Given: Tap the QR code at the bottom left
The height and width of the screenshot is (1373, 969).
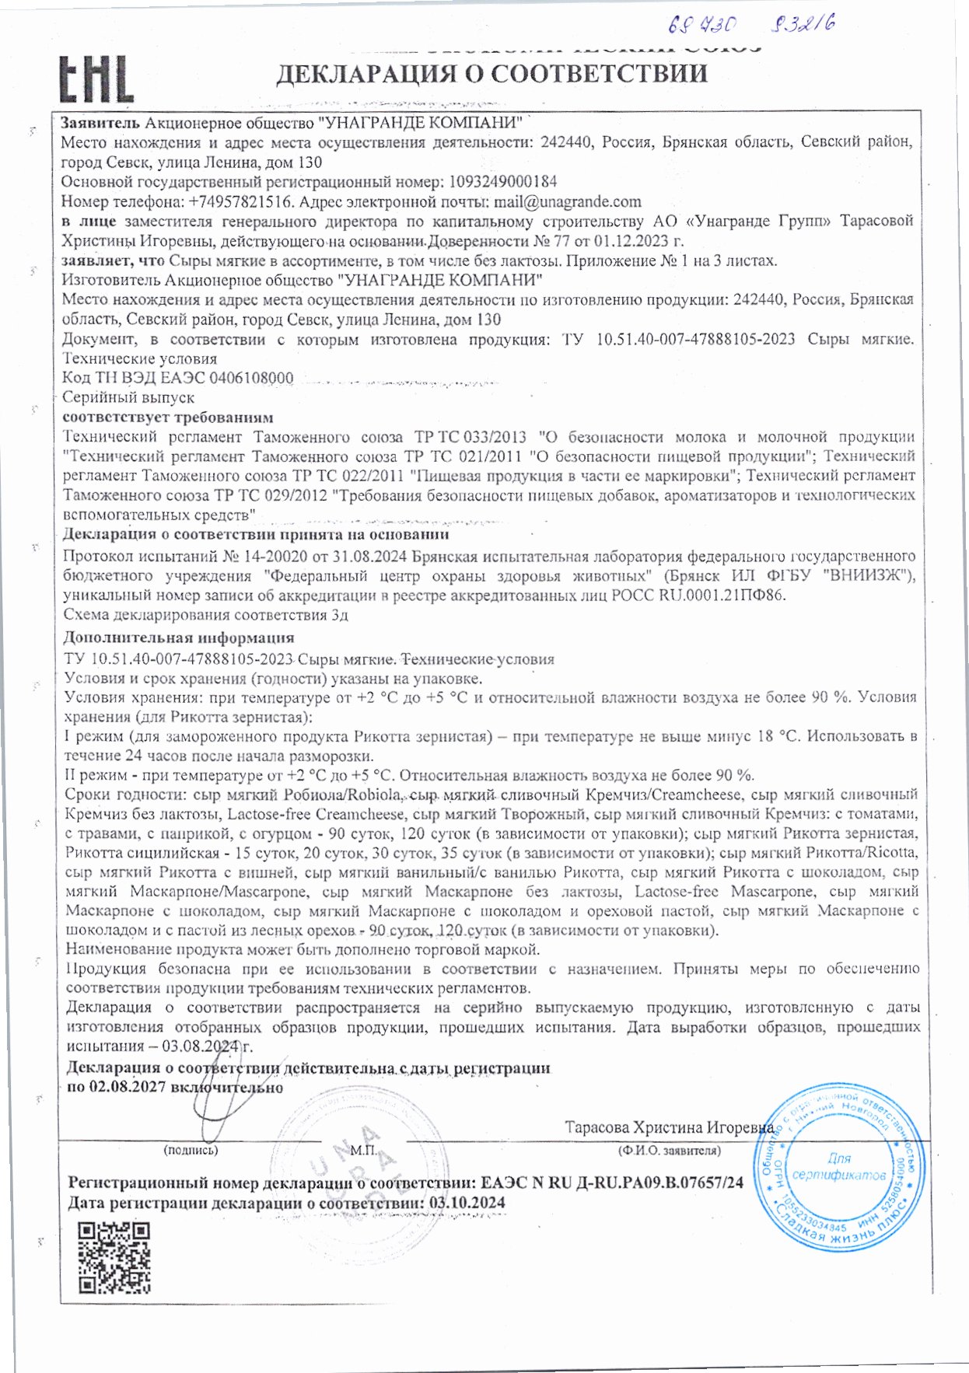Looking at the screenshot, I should [115, 1257].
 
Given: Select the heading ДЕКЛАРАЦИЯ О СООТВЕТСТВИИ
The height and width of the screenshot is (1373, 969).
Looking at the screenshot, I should [491, 73].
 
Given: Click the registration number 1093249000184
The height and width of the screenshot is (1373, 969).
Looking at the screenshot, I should [503, 183].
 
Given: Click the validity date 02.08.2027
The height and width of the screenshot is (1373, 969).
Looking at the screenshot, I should [128, 1087].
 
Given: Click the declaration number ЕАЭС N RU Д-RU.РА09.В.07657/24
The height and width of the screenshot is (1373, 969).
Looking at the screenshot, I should [612, 1183].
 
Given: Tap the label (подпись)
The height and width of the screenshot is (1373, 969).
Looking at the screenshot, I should [191, 1150].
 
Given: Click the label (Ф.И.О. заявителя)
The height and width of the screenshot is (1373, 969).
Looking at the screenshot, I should [669, 1150].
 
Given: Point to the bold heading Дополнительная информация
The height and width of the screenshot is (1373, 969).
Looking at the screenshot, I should [178, 638].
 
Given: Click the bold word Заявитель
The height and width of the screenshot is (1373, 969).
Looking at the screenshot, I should [100, 123].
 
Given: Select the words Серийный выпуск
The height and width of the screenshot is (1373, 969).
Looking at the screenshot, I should [128, 397].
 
